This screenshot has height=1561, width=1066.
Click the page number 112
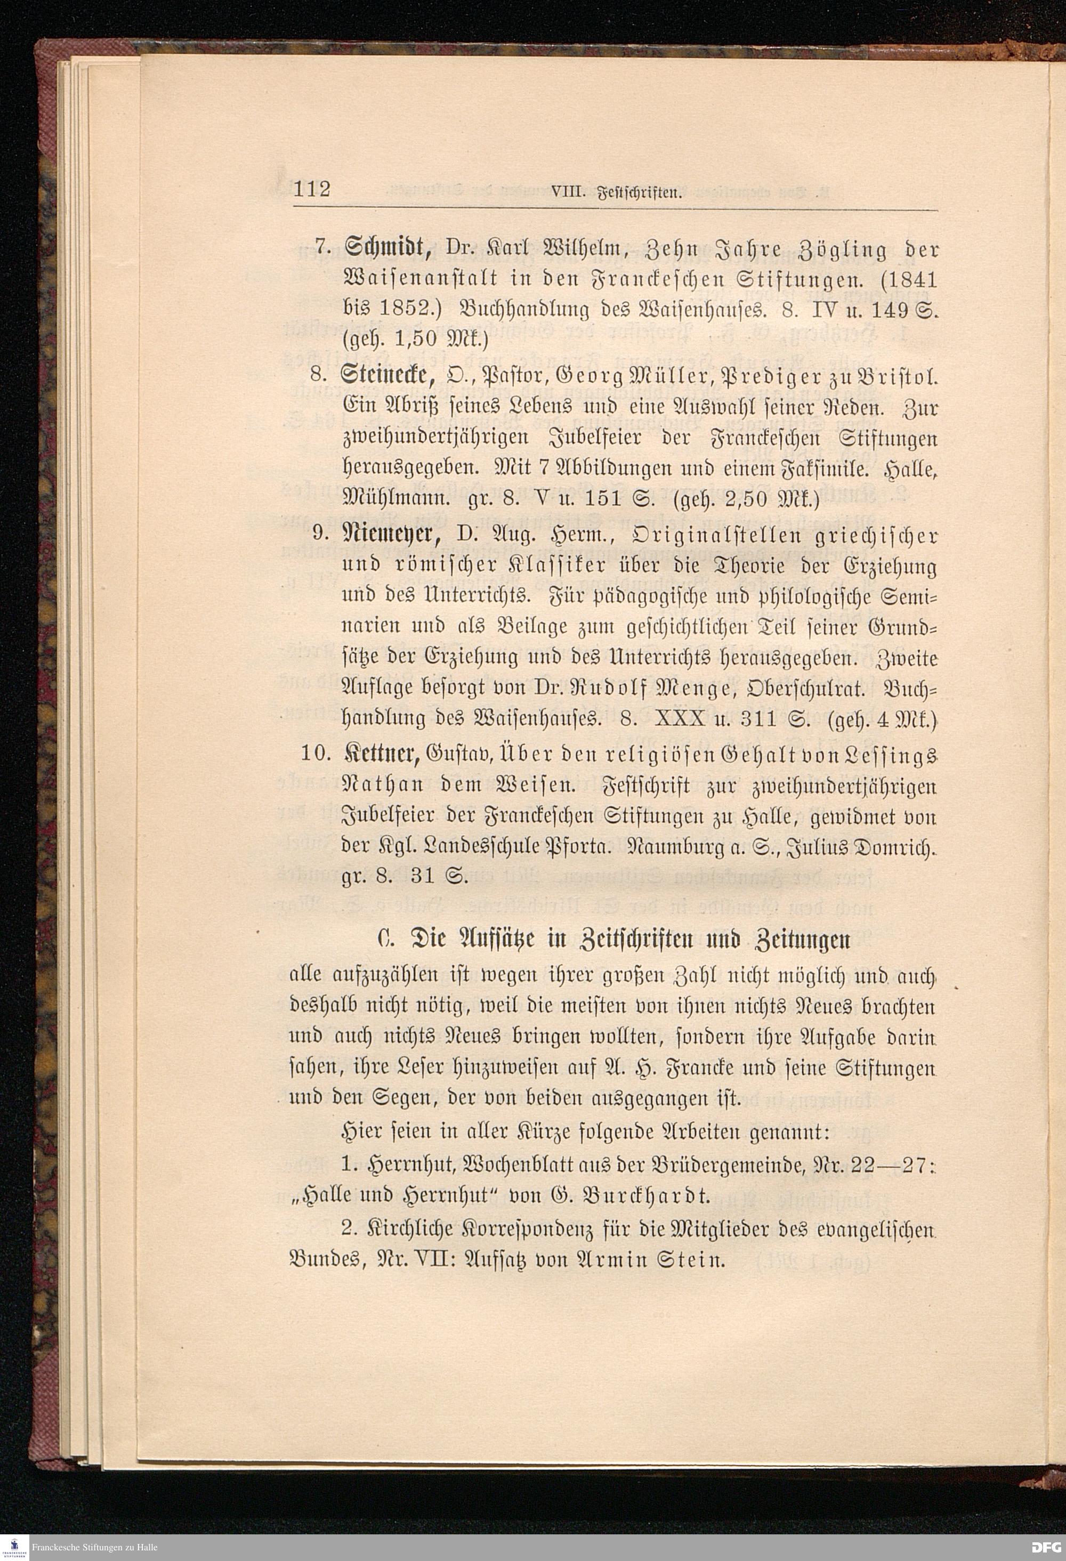[312, 189]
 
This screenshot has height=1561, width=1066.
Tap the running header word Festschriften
[644, 195]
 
